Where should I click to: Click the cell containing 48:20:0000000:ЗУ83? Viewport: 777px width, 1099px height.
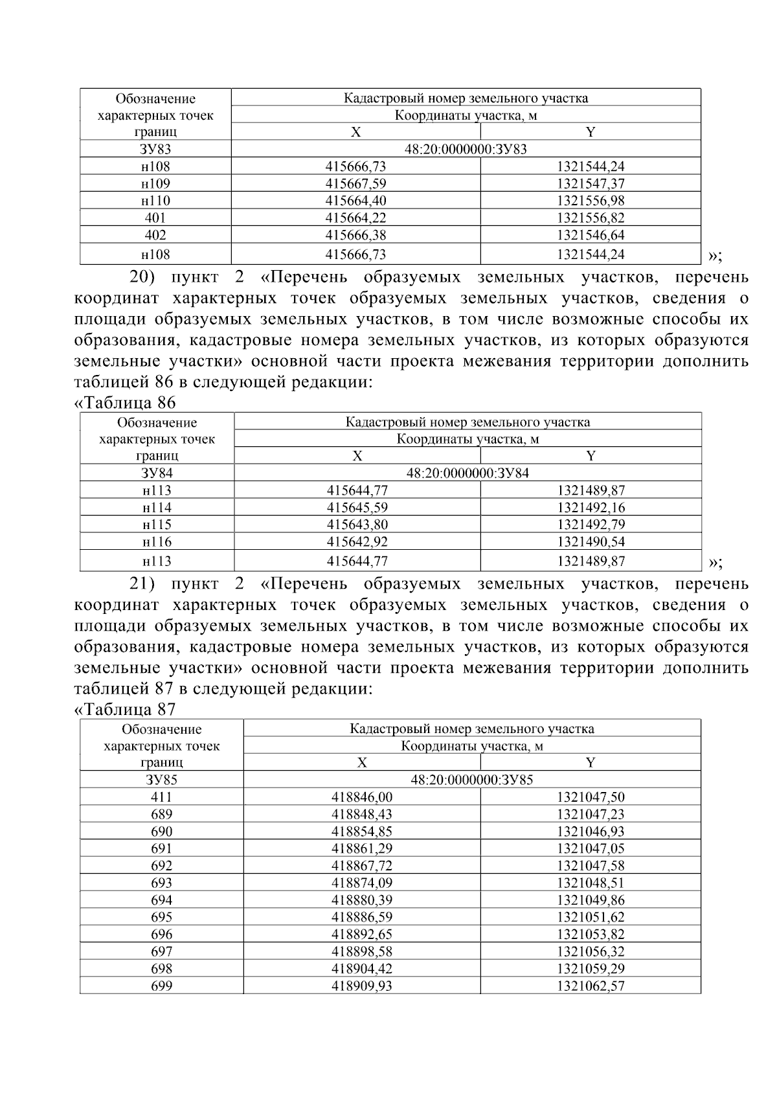pos(466,150)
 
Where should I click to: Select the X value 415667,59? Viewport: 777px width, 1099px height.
pos(355,184)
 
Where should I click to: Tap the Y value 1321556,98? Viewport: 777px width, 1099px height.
pos(591,201)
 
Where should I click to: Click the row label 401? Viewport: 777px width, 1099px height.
pos(155,218)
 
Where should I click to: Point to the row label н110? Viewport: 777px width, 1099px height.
pos(155,201)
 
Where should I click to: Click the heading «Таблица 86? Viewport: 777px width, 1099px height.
pos(125,403)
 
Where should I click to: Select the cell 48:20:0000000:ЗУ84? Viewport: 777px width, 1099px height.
pos(467,473)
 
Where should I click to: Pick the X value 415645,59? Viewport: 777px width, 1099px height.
pos(357,508)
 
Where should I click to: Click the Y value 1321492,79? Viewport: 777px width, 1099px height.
pos(591,525)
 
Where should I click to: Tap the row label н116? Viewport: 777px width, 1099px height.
pos(157,542)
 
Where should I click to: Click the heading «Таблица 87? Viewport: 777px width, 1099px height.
pos(125,709)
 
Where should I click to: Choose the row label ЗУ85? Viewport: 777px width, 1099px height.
pos(161,780)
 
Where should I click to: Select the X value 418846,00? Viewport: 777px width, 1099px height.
pos(362,797)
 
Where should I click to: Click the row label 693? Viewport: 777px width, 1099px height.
pos(161,883)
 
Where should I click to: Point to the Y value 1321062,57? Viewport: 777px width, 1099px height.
pos(591,986)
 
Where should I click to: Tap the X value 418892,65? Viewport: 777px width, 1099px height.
pos(362,935)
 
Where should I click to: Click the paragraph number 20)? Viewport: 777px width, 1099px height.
pos(143,278)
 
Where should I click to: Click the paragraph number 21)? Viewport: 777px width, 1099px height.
pos(143,584)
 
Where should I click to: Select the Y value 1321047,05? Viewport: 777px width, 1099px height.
pos(591,848)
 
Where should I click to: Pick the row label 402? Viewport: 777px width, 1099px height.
pos(155,235)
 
